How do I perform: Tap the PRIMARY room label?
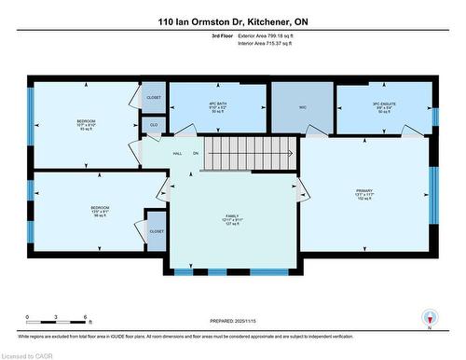(x=363, y=191)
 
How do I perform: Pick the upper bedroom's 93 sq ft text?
(x=85, y=130)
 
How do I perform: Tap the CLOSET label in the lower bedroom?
(x=157, y=231)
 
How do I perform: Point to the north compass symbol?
(x=428, y=317)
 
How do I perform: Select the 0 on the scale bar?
(x=27, y=318)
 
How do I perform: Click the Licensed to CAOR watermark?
(x=28, y=353)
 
